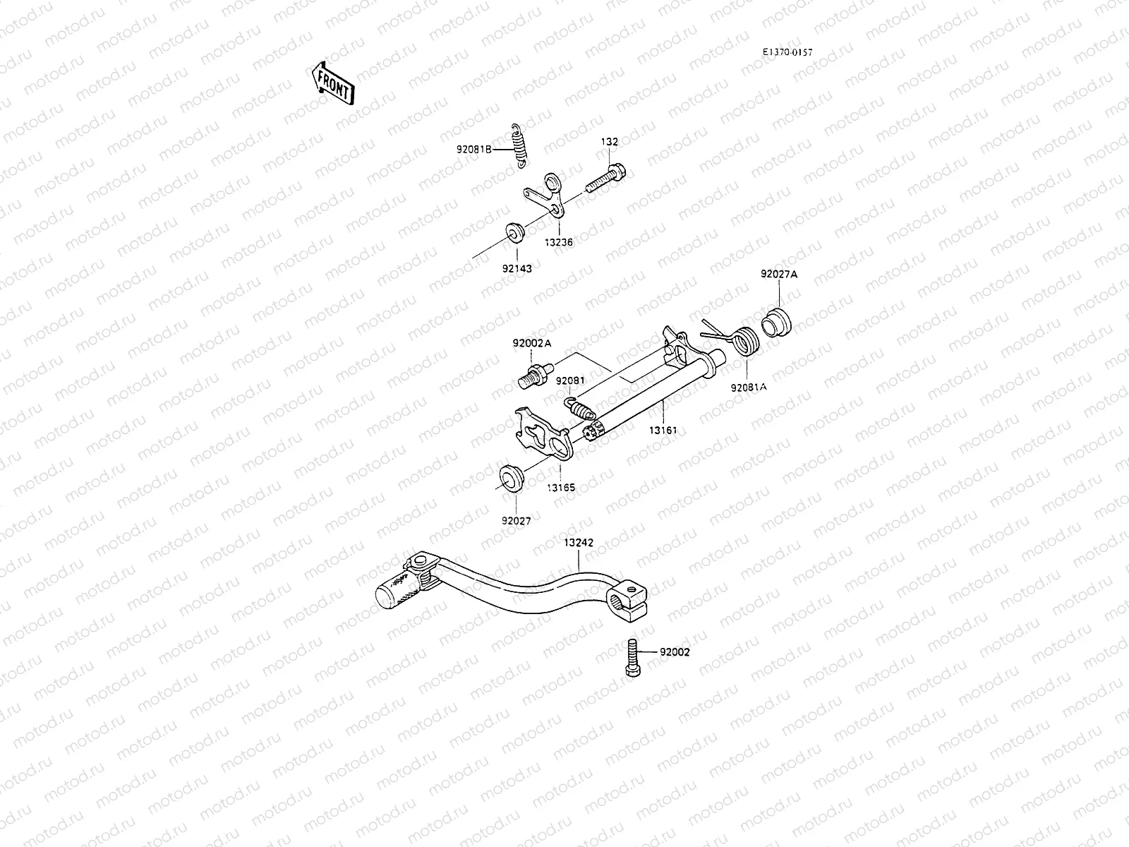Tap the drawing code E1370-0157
[787, 52]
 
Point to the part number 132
[609, 142]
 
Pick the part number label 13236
[558, 242]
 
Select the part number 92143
[517, 268]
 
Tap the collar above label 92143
[514, 232]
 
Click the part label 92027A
[778, 274]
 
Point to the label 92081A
[748, 388]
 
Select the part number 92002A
[532, 343]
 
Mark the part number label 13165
[560, 487]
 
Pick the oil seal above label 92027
[509, 476]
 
